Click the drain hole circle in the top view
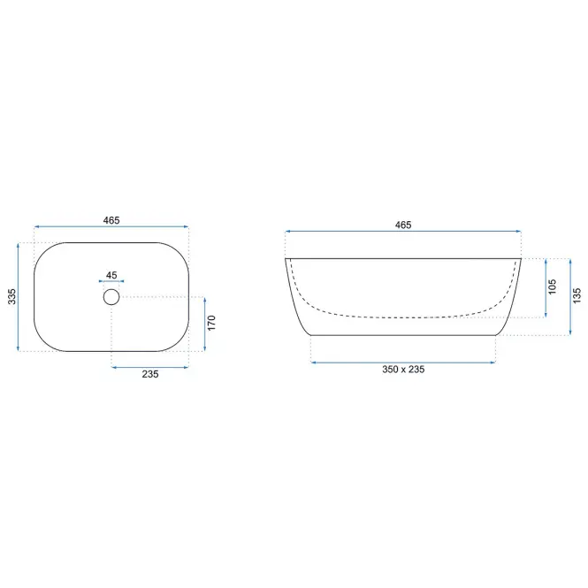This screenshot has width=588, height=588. point(111,289)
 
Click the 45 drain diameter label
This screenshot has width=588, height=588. point(111,275)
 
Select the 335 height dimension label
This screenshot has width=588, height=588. point(12,296)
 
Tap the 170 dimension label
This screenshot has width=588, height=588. point(211,323)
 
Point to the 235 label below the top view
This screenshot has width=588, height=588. point(150,374)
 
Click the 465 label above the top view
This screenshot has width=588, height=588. point(111,220)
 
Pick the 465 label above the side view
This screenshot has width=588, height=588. point(403,225)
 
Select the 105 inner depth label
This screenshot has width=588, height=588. point(552,286)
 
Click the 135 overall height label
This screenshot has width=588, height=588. point(577,295)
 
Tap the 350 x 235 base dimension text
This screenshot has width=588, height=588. point(403,370)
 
